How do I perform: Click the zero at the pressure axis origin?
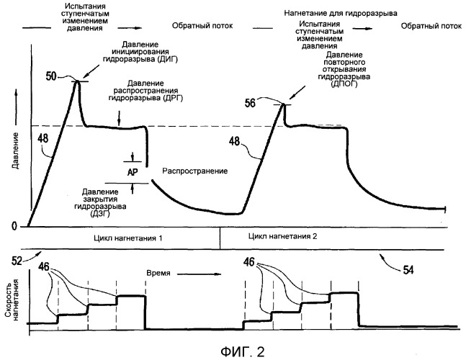tap(14, 225)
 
